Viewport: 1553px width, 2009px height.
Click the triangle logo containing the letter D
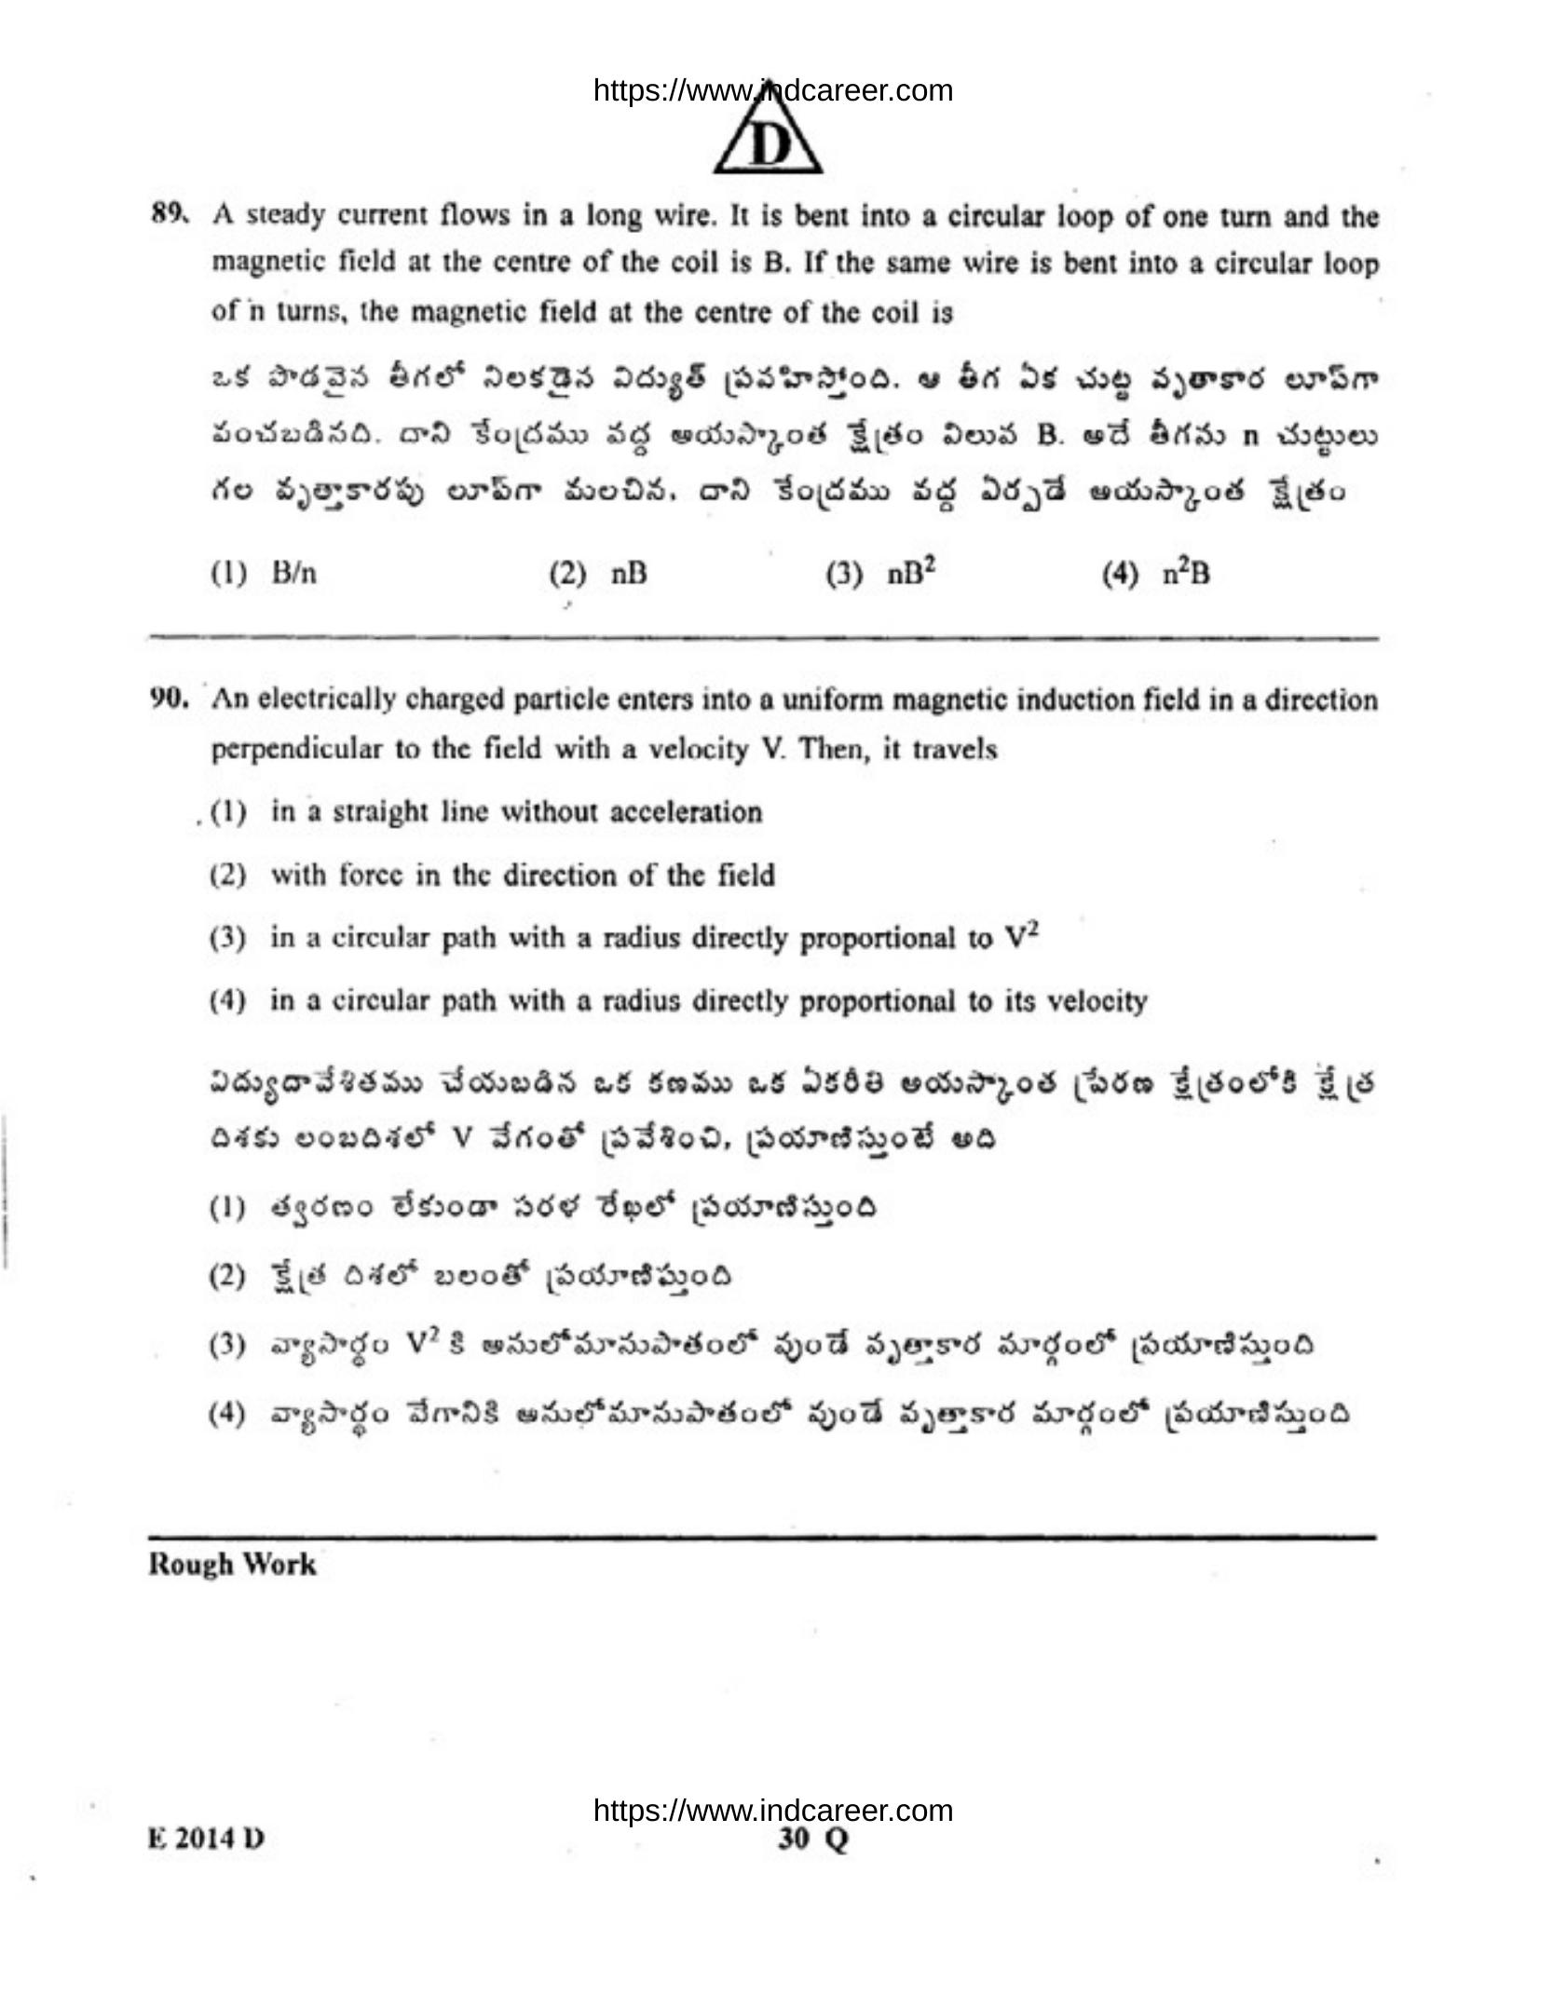pyautogui.click(x=768, y=140)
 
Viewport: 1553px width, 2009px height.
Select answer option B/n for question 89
pyautogui.click(x=293, y=573)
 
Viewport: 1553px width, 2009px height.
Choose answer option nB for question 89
pyautogui.click(x=629, y=574)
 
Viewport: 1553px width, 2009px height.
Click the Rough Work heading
pyautogui.click(x=232, y=1564)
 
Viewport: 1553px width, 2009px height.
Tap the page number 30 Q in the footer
pyautogui.click(x=813, y=1839)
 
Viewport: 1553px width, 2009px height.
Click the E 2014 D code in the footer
pyautogui.click(x=206, y=1839)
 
